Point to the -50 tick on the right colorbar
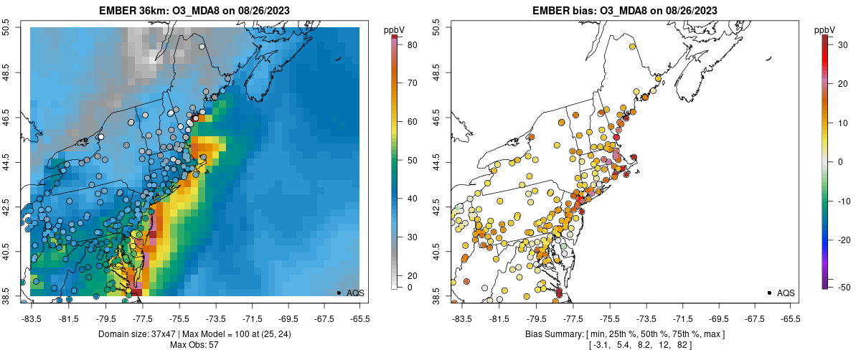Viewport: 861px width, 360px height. pos(841,287)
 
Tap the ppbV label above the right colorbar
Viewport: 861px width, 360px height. pos(824,29)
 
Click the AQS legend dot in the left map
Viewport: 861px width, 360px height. pos(338,293)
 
